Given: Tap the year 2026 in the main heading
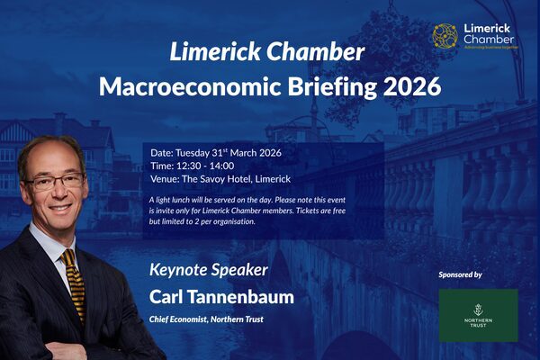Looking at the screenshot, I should [409, 87].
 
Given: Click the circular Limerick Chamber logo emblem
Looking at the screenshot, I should [445, 36].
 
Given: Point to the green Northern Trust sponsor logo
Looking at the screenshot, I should [478, 315].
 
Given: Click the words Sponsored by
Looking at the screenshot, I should [460, 274].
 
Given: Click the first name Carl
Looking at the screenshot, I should [168, 296].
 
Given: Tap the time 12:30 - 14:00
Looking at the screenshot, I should [202, 166].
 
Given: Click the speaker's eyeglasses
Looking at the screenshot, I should [56, 182].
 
